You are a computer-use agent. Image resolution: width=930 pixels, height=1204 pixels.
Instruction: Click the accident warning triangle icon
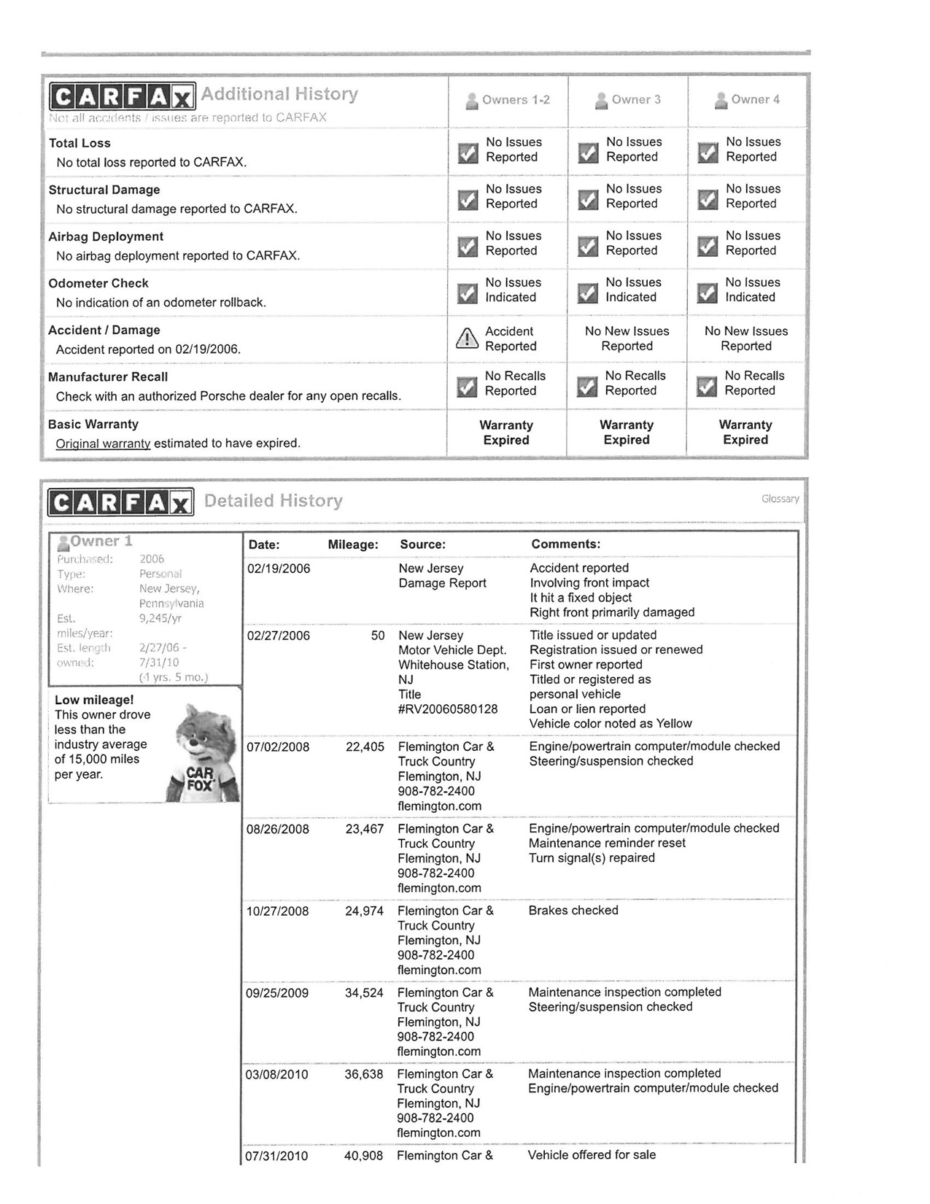[x=467, y=339]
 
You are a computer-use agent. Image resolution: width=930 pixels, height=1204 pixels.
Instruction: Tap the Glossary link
[x=780, y=499]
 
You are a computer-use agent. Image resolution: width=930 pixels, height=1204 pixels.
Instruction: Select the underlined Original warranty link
[x=103, y=444]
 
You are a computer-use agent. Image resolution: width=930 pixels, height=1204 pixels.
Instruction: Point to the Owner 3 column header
[x=628, y=100]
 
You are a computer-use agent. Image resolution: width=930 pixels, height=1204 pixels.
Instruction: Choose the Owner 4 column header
[x=748, y=100]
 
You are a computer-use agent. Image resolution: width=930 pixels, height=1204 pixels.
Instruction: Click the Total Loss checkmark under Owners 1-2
[x=468, y=153]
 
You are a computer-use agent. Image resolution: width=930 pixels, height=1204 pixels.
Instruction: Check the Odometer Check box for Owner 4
[x=708, y=293]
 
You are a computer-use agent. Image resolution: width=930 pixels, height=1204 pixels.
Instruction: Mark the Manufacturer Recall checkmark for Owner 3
[x=588, y=387]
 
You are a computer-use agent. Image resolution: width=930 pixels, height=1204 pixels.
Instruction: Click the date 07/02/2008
[x=278, y=747]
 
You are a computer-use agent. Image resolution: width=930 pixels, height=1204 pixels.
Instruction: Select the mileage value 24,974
[x=364, y=911]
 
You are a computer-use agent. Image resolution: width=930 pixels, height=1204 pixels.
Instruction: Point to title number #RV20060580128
[x=448, y=709]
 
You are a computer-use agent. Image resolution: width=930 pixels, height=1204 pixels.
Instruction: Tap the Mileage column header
[x=353, y=545]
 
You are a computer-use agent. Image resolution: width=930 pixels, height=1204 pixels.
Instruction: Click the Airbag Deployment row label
[x=106, y=237]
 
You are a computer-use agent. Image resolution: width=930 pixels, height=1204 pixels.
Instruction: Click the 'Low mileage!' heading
[x=94, y=701]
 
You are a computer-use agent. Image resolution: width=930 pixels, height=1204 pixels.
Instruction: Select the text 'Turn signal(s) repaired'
[x=592, y=858]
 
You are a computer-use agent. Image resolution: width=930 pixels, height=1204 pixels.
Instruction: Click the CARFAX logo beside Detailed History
[x=121, y=502]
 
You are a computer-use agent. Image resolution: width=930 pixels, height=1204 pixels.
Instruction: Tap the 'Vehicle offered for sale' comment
[x=592, y=1155]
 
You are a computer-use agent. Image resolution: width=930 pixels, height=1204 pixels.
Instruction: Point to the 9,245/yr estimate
[x=160, y=619]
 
